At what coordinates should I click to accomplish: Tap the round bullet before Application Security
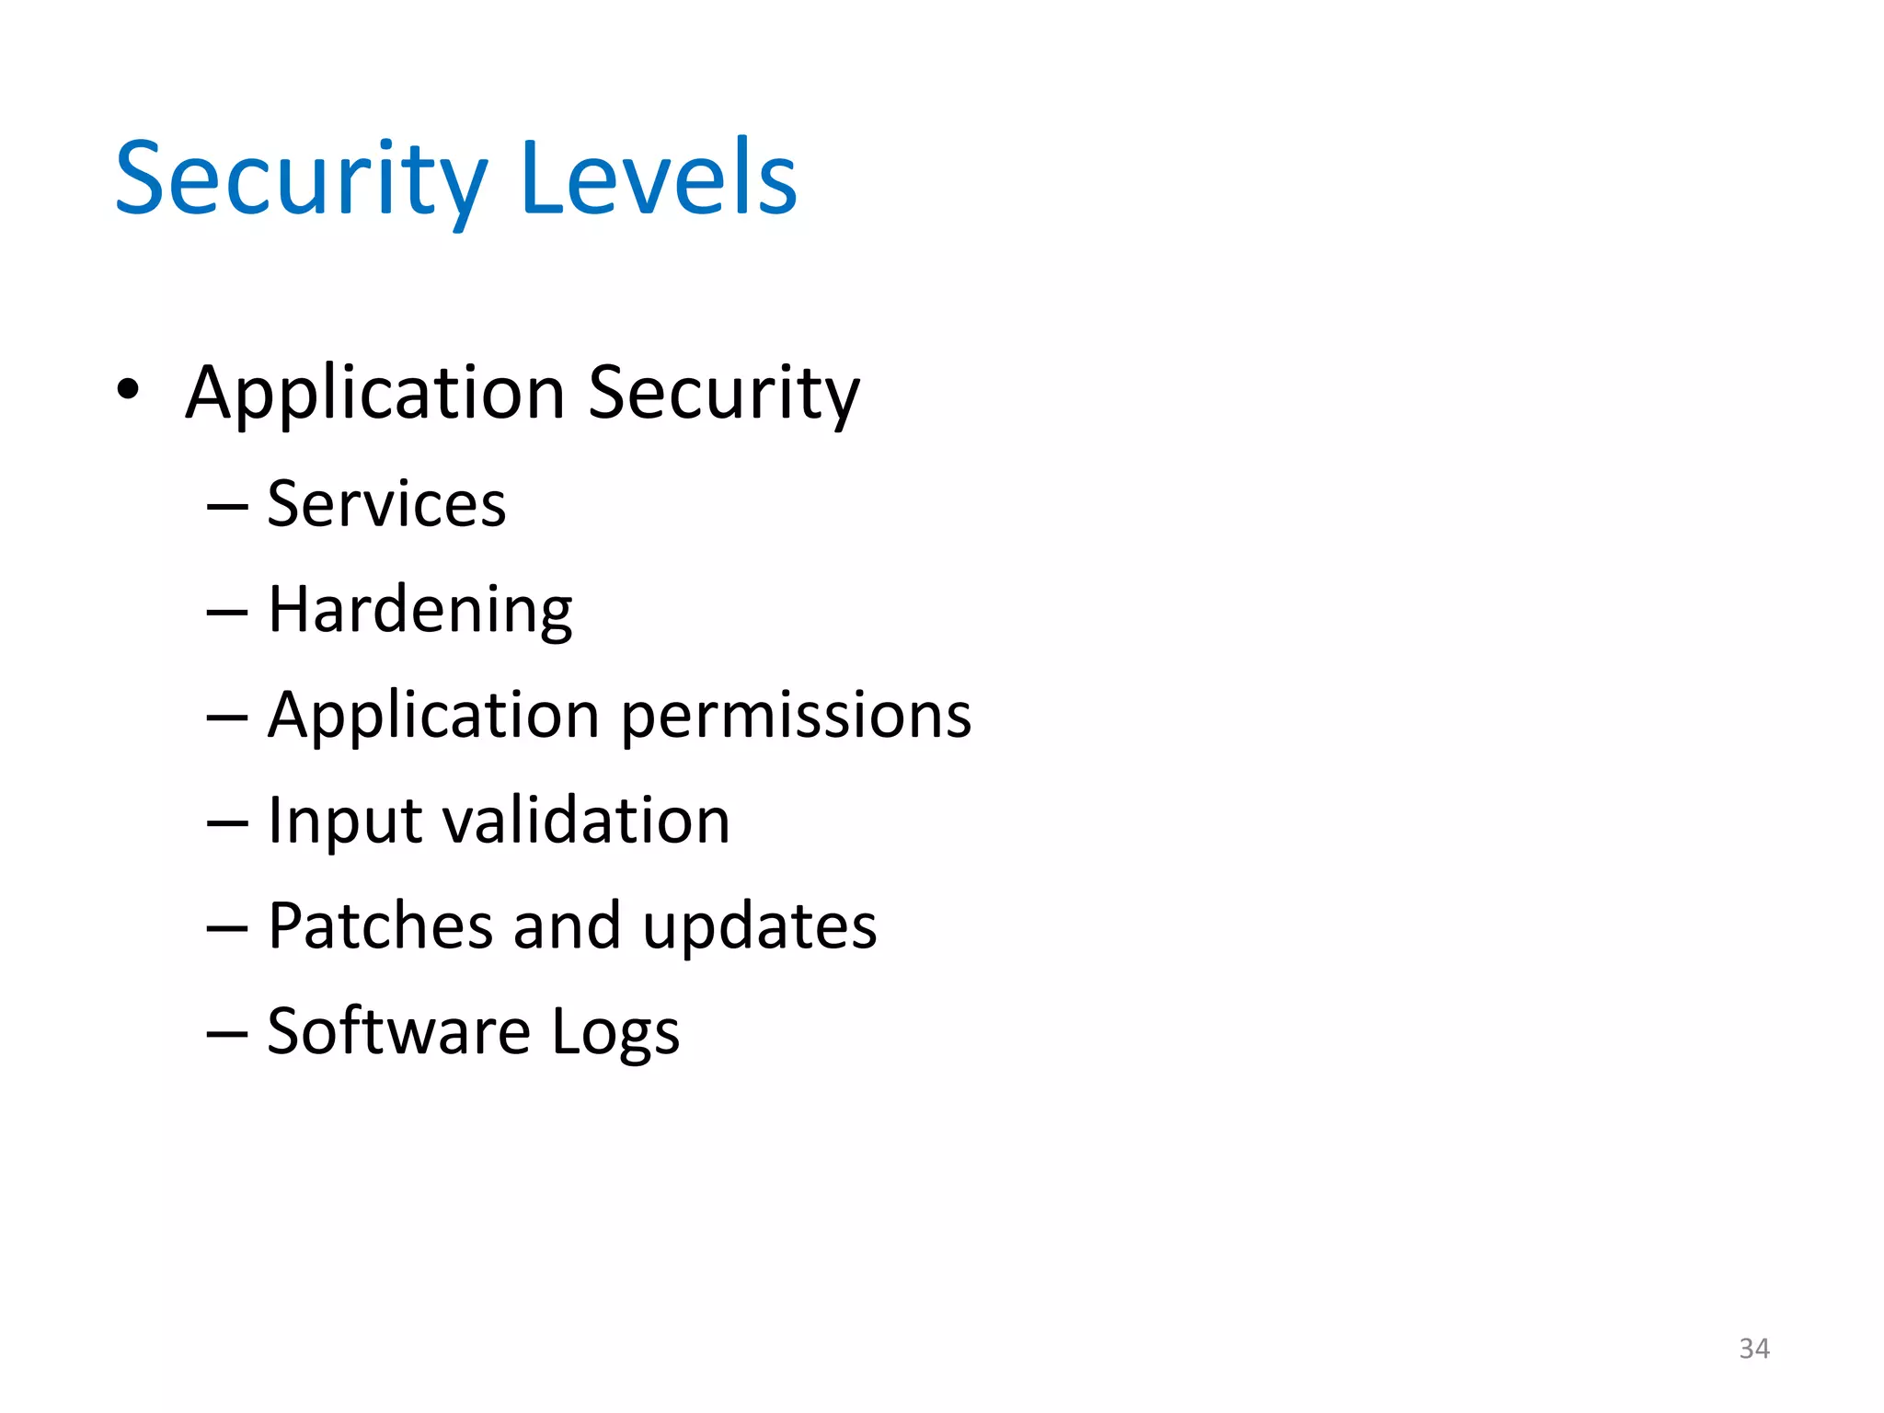(128, 389)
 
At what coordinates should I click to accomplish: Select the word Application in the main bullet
(374, 394)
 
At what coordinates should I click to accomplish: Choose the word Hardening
(419, 610)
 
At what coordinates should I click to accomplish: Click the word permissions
(796, 716)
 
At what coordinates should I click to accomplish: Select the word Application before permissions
(433, 716)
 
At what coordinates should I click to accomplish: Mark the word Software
(398, 1031)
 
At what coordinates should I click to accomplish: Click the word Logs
(615, 1033)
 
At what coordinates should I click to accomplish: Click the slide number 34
(1753, 1349)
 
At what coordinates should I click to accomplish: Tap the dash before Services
(227, 506)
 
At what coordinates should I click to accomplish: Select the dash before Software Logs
(227, 1033)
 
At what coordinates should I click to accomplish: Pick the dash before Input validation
(227, 822)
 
